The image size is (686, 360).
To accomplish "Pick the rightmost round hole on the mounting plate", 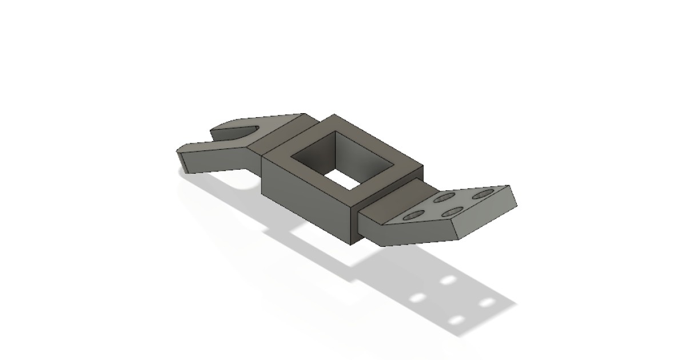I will click(x=482, y=195).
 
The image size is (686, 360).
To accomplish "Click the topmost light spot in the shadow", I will click(x=449, y=280).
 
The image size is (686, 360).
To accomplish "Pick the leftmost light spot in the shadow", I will click(x=418, y=298).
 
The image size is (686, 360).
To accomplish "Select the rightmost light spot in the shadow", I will click(x=486, y=302).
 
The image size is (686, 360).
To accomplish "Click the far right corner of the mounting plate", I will click(x=508, y=187).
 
